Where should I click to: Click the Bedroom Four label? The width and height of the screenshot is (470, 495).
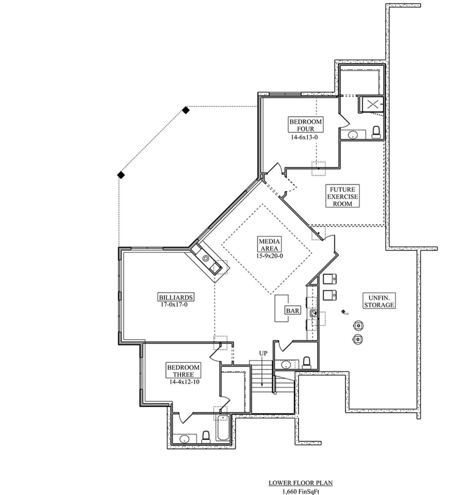[x=305, y=125]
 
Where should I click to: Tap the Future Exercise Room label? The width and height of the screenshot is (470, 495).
[x=342, y=196]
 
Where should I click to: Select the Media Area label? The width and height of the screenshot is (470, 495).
[x=269, y=244]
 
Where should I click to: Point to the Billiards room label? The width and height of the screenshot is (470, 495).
[x=175, y=297]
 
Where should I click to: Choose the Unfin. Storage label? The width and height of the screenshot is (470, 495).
[x=379, y=301]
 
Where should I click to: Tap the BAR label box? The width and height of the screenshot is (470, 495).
[x=293, y=311]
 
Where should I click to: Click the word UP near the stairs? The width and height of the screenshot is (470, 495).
[x=263, y=353]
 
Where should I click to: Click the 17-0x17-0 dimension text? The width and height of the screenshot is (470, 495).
[x=174, y=305]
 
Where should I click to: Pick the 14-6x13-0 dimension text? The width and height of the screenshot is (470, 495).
[x=304, y=137]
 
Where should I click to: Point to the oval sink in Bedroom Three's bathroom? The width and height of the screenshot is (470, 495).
[x=184, y=440]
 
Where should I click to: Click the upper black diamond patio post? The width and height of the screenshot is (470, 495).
[x=186, y=110]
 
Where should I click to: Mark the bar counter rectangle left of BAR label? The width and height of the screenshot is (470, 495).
[x=281, y=308]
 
